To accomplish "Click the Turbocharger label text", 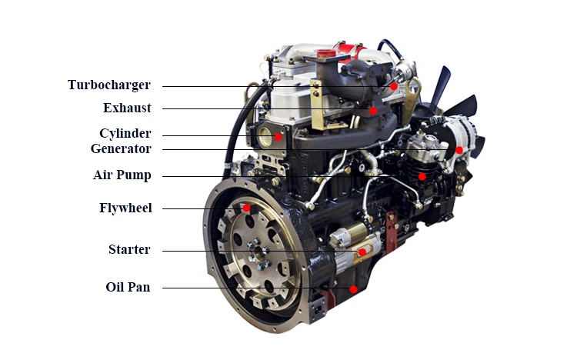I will click(x=108, y=85).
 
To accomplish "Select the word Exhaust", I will click(x=127, y=108).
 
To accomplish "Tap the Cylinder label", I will click(x=125, y=134).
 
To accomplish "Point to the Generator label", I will click(x=121, y=148).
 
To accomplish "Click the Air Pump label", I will click(x=122, y=175).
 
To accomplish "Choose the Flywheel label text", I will click(x=125, y=208).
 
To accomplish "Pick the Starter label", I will click(x=128, y=250).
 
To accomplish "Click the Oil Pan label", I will click(x=128, y=288).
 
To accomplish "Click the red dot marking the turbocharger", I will click(x=393, y=87).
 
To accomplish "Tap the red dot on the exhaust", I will click(x=373, y=111).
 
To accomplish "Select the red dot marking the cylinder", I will click(x=278, y=137).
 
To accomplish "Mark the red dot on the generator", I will click(x=459, y=150).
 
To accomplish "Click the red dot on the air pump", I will click(x=422, y=176).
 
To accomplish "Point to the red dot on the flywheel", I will click(x=246, y=208).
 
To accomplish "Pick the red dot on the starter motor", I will click(x=362, y=252).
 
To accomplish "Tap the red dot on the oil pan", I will click(x=353, y=290).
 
